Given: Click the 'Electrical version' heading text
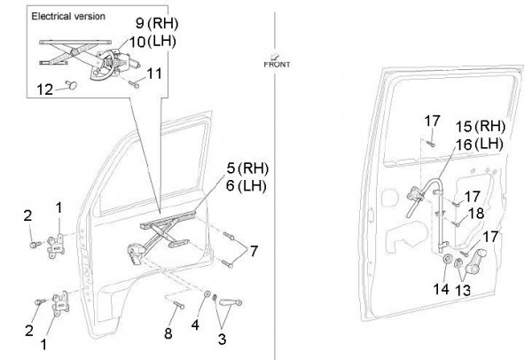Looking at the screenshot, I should [68, 17].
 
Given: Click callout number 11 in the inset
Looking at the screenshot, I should [154, 74].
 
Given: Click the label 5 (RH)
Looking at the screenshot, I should [245, 168].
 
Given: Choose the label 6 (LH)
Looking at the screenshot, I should [245, 186].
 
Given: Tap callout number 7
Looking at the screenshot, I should [255, 251].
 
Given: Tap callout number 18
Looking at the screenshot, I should [477, 214].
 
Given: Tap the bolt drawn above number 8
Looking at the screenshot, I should [177, 305].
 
